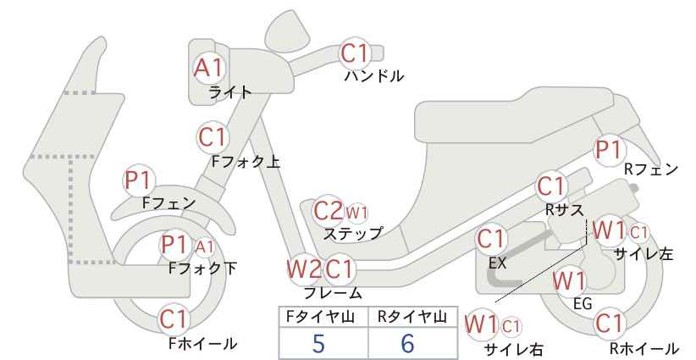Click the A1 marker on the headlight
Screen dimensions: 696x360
tap(208, 69)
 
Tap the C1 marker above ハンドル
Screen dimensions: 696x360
tap(354, 53)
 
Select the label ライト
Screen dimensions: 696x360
tap(230, 92)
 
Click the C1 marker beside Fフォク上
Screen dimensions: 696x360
tap(213, 137)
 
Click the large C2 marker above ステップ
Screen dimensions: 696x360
tap(328, 211)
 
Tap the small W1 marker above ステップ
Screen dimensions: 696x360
tap(356, 213)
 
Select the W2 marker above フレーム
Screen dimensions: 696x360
tap(305, 269)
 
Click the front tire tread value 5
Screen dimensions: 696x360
tap(318, 343)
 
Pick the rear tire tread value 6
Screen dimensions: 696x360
tap(407, 343)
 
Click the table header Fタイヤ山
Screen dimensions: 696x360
tap(320, 317)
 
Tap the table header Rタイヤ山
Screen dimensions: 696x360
tap(412, 317)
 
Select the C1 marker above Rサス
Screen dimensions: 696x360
tap(551, 187)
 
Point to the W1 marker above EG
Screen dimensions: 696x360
tap(570, 281)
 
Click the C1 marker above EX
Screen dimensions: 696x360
tap(490, 239)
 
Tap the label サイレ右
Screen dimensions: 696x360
tap(514, 350)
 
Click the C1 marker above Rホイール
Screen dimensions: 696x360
tap(609, 324)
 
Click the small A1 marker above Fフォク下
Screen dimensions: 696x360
tap(205, 246)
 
